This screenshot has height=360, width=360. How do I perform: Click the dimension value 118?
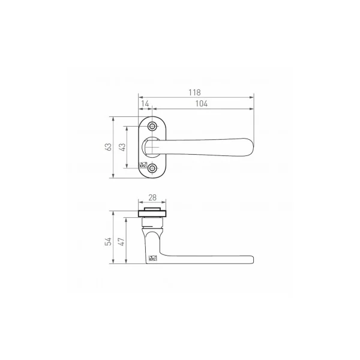click(194, 92)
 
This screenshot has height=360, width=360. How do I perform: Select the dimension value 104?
click(202, 104)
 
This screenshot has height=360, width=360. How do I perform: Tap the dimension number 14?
click(145, 104)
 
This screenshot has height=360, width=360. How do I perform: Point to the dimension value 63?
click(108, 147)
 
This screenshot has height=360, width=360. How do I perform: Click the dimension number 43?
click(122, 147)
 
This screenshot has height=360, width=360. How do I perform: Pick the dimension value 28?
click(152, 197)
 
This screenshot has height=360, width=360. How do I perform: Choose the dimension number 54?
click(108, 242)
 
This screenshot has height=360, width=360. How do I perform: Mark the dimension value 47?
click(121, 242)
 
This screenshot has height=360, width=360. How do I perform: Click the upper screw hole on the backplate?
click(152, 126)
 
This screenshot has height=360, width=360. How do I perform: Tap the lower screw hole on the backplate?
click(152, 168)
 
